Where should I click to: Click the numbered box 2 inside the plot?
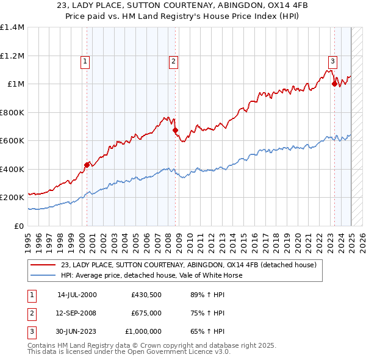pos(173,61)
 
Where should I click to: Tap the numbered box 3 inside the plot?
pos(332,61)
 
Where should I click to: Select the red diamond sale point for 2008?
pos(175,130)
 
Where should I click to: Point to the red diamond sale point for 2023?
pos(334,84)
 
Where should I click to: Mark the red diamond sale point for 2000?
pos(87,165)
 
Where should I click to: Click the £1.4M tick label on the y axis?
pos(12,27)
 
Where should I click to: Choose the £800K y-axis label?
pos(12,112)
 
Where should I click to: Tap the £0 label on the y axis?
pos(19,226)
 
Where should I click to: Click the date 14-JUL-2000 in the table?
pos(76,294)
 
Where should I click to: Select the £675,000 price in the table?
pos(146,313)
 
